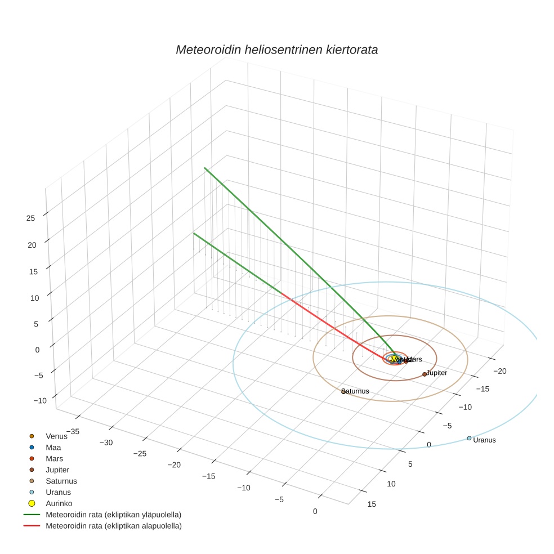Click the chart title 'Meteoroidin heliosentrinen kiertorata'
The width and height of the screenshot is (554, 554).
[x=276, y=50]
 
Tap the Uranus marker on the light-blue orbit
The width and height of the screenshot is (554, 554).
[x=469, y=438]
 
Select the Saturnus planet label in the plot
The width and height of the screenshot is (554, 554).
[x=356, y=391]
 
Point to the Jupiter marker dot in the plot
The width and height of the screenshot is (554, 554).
[x=425, y=374]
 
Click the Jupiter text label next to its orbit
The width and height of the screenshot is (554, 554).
[x=437, y=373]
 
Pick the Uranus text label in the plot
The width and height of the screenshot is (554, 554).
[x=485, y=440]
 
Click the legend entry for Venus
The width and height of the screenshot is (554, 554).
[x=56, y=436]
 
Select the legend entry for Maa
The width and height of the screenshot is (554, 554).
[x=53, y=447]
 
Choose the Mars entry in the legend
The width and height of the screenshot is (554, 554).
[x=55, y=458]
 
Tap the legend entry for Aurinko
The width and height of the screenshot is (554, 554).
[x=59, y=503]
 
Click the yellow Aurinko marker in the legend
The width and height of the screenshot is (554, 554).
[x=32, y=503]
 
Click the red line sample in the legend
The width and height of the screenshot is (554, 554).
[x=32, y=526]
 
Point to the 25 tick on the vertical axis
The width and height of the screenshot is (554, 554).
[x=31, y=218]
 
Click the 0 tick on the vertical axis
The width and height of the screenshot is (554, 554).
[x=38, y=349]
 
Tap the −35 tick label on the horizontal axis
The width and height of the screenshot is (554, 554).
[x=73, y=431]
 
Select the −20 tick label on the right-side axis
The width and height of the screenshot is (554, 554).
[x=500, y=370]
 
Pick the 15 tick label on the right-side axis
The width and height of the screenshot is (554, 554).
[x=372, y=504]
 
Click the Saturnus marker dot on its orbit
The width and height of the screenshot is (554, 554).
[x=343, y=391]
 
